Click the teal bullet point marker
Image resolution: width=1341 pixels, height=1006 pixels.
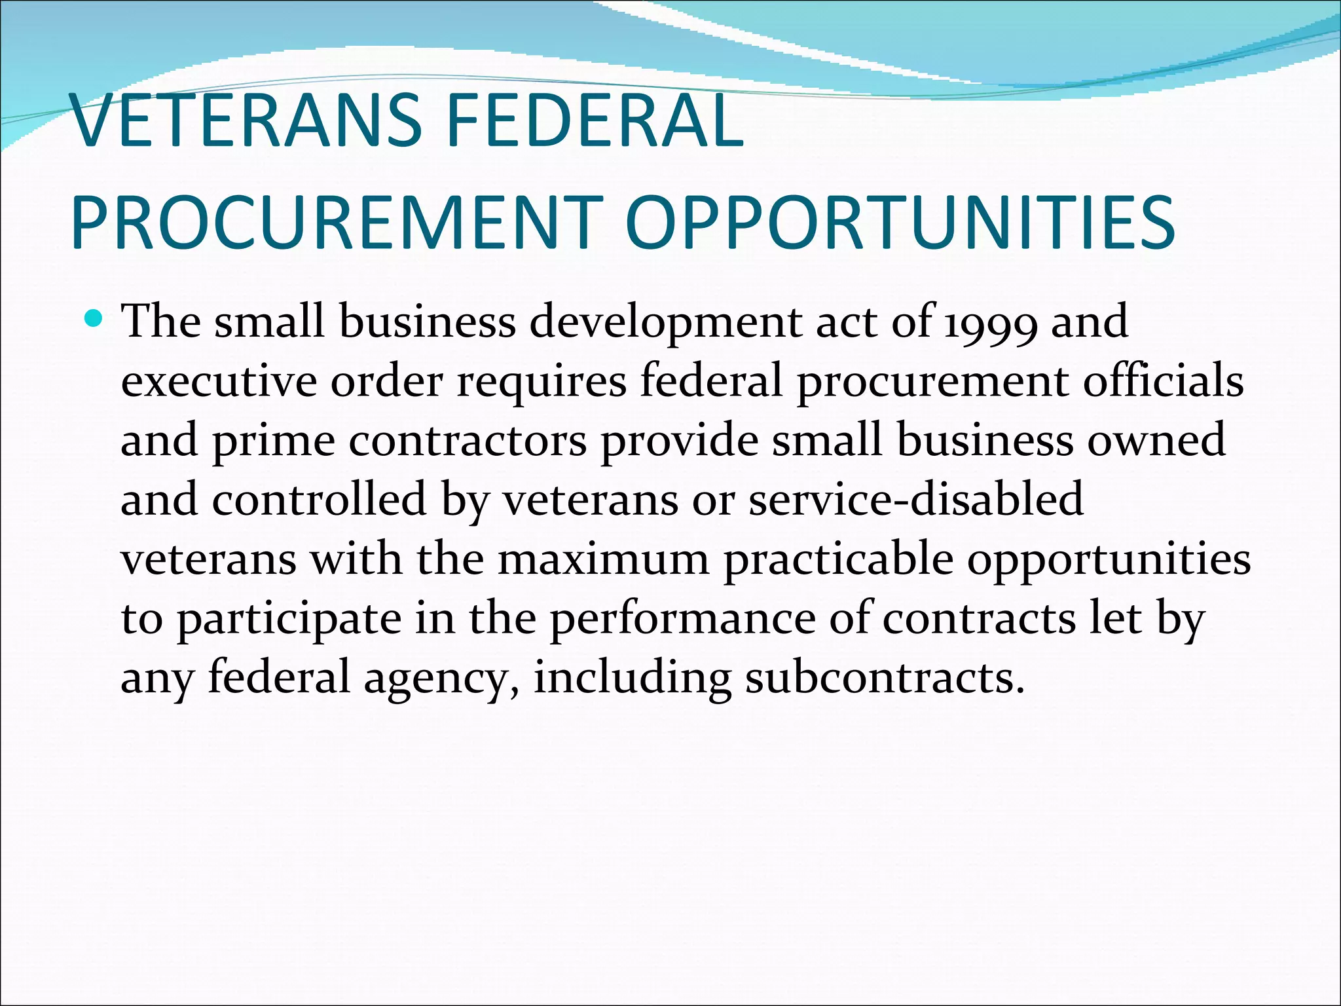click(x=95, y=320)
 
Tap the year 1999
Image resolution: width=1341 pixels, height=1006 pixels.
click(x=990, y=322)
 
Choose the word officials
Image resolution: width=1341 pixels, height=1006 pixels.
click(x=1163, y=381)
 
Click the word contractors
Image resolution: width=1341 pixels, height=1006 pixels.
click(x=468, y=440)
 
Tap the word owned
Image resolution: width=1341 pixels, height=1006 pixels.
click(x=1156, y=440)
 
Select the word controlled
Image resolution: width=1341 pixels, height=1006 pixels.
click(x=320, y=499)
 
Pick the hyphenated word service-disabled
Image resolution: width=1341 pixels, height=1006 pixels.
click(x=915, y=499)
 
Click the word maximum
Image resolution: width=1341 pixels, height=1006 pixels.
click(x=603, y=559)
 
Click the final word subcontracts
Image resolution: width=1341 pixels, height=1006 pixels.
click(x=884, y=677)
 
